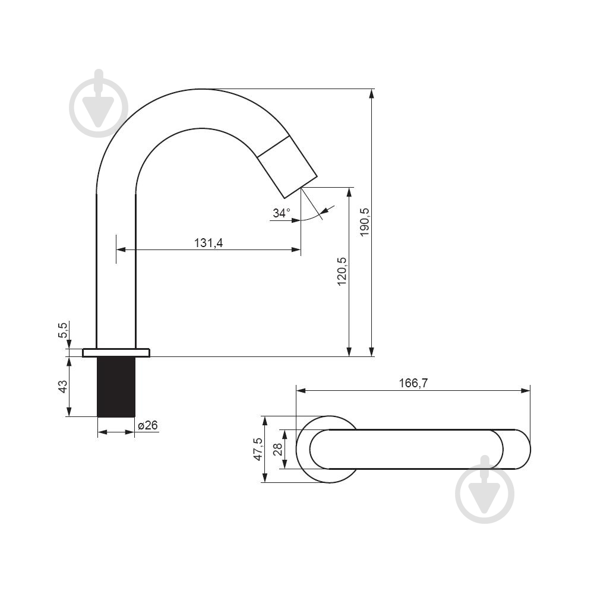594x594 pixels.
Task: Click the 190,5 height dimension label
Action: click(365, 222)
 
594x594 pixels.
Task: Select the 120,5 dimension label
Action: click(342, 271)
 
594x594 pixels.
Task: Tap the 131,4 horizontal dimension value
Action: click(208, 242)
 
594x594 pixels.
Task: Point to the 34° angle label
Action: click(282, 213)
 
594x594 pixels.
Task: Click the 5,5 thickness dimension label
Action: click(63, 330)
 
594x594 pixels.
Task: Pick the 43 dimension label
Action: click(63, 386)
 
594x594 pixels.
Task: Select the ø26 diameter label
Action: click(148, 425)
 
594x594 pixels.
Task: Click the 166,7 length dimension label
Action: click(413, 383)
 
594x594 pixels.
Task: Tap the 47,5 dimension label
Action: click(258, 449)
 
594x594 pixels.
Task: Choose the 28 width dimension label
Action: click(278, 449)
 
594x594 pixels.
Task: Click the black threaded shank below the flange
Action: click(116, 387)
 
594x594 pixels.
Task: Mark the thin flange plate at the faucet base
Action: click(116, 353)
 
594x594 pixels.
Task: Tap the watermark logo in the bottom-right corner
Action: click(485, 489)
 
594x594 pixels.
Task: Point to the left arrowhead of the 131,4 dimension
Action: click(121, 249)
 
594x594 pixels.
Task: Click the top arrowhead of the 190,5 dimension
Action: click(372, 94)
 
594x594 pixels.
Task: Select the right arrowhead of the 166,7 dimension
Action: click(526, 391)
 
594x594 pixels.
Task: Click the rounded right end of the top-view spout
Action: click(530, 449)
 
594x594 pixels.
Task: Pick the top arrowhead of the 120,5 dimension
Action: click(349, 192)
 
